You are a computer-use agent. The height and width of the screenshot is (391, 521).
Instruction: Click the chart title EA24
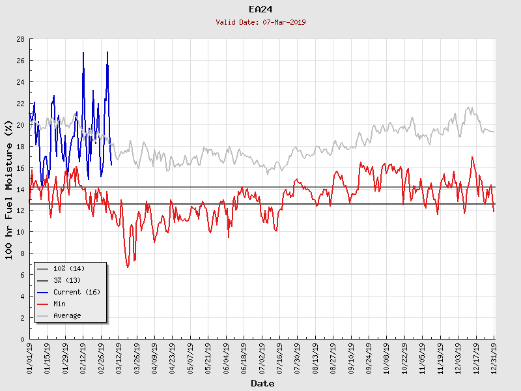(x=260, y=9)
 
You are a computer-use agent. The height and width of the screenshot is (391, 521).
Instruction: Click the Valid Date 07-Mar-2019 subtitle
(x=260, y=22)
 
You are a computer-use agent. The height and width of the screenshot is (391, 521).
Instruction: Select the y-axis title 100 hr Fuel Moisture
(x=9, y=190)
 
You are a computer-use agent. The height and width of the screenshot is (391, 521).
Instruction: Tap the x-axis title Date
(x=262, y=384)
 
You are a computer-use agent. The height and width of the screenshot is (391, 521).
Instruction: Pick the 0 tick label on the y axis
(x=22, y=340)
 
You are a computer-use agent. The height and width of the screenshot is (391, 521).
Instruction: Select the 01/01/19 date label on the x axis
(x=30, y=358)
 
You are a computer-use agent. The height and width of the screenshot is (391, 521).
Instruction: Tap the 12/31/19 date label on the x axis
(x=494, y=358)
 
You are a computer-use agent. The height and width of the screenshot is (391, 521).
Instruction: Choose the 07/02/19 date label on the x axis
(x=262, y=358)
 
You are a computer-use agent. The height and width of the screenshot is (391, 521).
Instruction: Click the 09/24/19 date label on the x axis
(x=369, y=358)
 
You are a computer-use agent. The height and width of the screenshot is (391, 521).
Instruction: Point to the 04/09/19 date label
(x=155, y=358)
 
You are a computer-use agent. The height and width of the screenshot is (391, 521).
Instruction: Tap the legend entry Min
(x=59, y=304)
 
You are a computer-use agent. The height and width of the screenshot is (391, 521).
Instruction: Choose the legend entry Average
(x=67, y=315)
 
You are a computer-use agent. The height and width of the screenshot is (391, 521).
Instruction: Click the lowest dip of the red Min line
(x=128, y=267)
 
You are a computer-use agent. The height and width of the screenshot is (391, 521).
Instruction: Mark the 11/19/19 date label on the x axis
(x=440, y=358)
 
